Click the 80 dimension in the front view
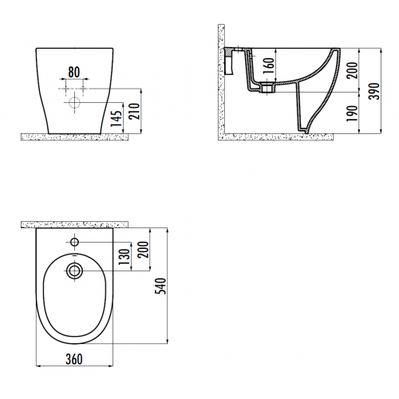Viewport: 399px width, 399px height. click(74, 73)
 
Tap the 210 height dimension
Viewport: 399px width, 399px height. click(134, 111)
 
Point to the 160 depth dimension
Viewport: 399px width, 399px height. click(269, 66)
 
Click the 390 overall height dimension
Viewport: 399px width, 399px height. click(374, 91)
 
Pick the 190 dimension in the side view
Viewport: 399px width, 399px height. click(352, 113)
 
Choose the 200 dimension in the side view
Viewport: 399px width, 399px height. click(352, 70)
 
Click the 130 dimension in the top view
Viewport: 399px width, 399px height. click(124, 257)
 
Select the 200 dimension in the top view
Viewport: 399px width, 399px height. click(143, 250)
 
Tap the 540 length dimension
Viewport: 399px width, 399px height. click(160, 286)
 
